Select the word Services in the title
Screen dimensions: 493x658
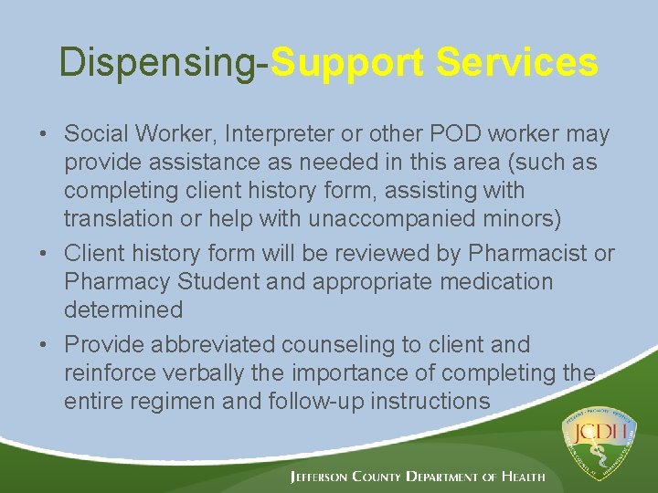pos(516,63)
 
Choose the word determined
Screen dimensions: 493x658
pos(123,309)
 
